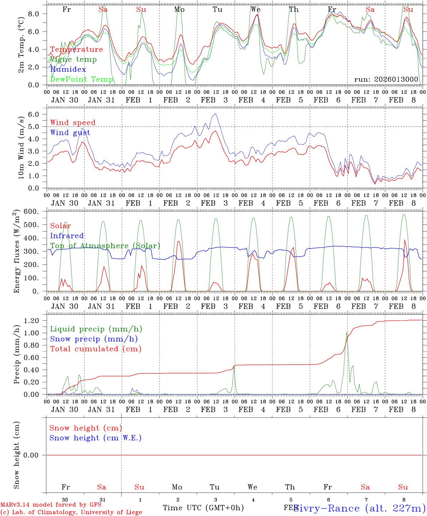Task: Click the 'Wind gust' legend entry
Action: tap(70, 133)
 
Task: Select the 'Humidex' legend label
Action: tap(68, 69)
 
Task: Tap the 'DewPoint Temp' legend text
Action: tap(82, 79)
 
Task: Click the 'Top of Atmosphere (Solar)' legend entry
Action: tap(105, 246)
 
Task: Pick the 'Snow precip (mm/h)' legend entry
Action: tap(94, 339)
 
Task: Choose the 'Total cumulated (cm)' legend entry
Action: tap(95, 349)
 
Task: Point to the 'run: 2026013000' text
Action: tap(386, 79)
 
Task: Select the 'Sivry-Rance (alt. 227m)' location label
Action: tap(359, 508)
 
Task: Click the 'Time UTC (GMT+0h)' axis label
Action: tap(203, 508)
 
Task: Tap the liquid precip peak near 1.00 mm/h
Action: tap(347, 333)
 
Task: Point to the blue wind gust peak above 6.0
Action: tap(215, 114)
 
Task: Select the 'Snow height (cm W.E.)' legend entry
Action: tap(95, 438)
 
